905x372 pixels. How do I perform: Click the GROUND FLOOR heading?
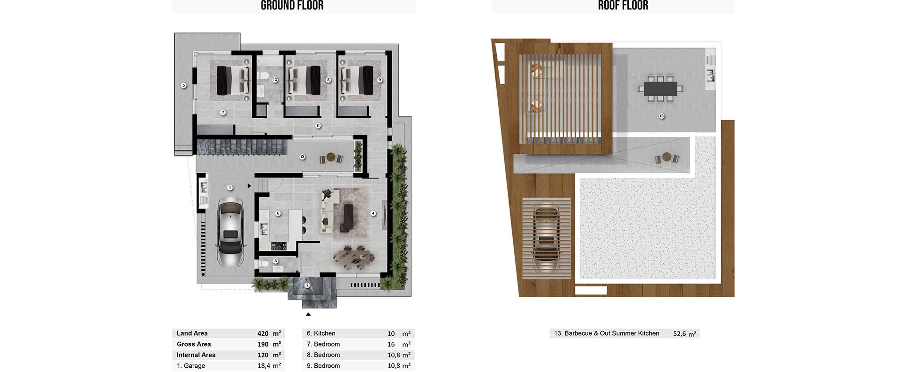click(x=292, y=6)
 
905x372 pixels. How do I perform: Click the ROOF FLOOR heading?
click(x=623, y=6)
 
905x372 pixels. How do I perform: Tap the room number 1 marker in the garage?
click(x=230, y=187)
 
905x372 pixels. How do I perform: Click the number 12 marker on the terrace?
click(x=302, y=157)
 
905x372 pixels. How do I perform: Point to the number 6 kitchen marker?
click(x=278, y=213)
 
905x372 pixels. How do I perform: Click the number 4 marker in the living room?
click(x=373, y=213)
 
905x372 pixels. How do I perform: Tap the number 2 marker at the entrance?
click(x=307, y=285)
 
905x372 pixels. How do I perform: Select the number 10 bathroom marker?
click(x=275, y=80)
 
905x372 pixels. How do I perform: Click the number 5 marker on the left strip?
click(x=184, y=85)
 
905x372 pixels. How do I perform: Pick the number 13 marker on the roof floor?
click(x=662, y=116)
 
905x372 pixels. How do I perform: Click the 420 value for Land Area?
click(x=263, y=333)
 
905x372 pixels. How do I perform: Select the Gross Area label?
click(x=194, y=344)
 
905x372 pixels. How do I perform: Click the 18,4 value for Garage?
click(x=264, y=366)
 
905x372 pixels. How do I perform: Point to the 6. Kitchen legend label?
click(x=321, y=333)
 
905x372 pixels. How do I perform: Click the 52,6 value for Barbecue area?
click(x=680, y=333)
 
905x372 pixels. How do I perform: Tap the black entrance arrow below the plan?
click(x=308, y=314)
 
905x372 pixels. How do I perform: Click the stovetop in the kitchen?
click(x=279, y=246)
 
